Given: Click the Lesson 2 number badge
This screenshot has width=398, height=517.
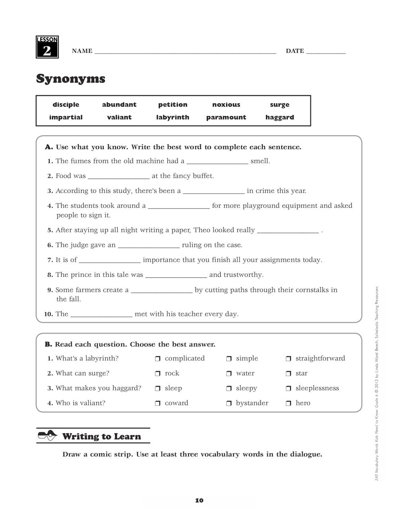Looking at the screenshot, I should pyautogui.click(x=47, y=48).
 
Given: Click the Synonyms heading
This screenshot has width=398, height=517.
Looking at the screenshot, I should pyautogui.click(x=71, y=78).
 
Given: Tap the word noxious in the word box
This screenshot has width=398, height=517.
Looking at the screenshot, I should pyautogui.click(x=226, y=104).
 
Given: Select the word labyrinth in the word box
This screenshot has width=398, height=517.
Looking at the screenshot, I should pyautogui.click(x=173, y=117).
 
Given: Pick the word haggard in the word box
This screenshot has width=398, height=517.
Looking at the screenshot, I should pyautogui.click(x=279, y=117).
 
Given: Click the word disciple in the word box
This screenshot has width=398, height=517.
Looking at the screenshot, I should pyautogui.click(x=66, y=104).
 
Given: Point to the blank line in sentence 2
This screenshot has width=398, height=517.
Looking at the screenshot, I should pyautogui.click(x=119, y=176).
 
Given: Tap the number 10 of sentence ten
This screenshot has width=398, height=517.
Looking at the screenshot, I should pyautogui.click(x=49, y=314).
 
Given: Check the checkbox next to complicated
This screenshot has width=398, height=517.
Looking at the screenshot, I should pyautogui.click(x=158, y=359).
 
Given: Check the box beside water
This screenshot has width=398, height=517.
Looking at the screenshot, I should pyautogui.click(x=229, y=374).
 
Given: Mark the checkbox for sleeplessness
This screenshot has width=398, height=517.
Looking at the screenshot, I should pyautogui.click(x=289, y=388).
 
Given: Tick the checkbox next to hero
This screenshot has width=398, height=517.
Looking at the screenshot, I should pyautogui.click(x=289, y=403).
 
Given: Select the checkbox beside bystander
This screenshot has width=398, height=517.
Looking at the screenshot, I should pyautogui.click(x=229, y=403).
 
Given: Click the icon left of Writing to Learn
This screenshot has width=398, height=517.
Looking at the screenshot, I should pyautogui.click(x=48, y=436).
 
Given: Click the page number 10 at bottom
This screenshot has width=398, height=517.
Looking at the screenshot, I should pyautogui.click(x=199, y=500).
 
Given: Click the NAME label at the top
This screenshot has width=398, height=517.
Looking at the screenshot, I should pyautogui.click(x=82, y=51).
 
